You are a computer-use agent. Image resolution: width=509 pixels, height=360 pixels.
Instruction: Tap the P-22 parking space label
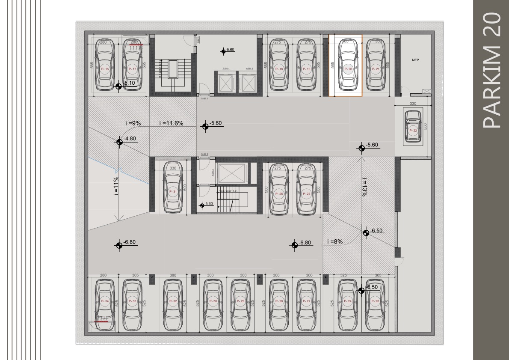[x=413, y=131]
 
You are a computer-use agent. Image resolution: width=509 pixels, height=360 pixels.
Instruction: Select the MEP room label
[x=415, y=60]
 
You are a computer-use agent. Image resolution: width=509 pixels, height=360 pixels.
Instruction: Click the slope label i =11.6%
[x=171, y=123]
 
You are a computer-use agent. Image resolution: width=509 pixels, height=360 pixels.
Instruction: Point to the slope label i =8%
[x=335, y=241]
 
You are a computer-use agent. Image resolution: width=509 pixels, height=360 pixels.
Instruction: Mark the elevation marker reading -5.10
[x=119, y=86]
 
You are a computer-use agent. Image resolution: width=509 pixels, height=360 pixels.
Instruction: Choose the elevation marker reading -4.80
[x=119, y=142]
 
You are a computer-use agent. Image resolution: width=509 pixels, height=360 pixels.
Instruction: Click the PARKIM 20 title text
[x=491, y=71]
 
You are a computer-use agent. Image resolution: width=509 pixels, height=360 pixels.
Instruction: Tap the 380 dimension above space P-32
[x=173, y=275]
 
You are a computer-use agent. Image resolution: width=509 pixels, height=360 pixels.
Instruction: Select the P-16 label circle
[x=105, y=69]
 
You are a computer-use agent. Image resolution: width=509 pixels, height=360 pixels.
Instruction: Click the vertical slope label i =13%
[x=364, y=187]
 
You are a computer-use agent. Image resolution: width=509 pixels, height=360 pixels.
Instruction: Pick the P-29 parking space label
[x=240, y=301]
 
